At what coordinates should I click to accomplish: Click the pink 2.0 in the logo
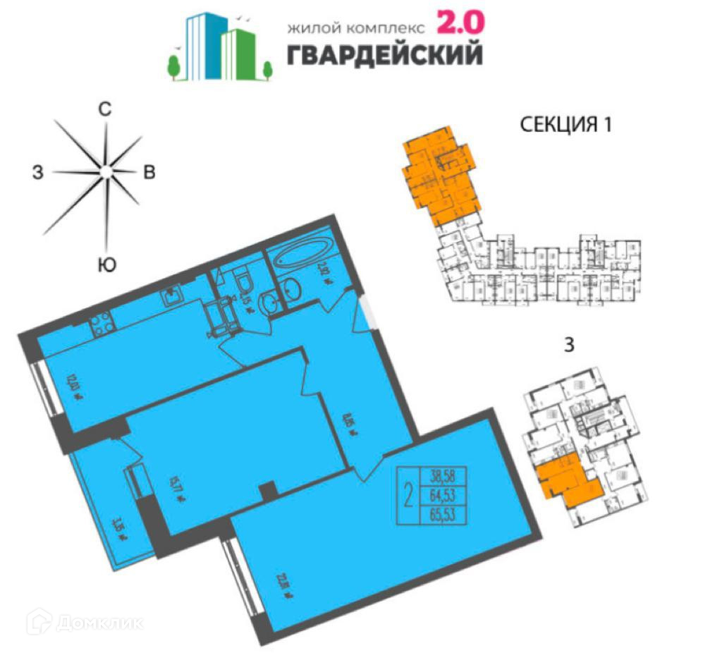coord(461,24)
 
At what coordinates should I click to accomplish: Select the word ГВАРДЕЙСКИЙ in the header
coord(385,54)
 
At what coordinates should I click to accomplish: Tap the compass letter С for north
coord(105,109)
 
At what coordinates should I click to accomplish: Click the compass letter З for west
coord(37,171)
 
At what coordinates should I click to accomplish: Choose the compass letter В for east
coord(149,173)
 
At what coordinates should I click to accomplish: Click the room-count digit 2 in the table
coord(408,496)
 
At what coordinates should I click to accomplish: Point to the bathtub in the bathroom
coord(302,251)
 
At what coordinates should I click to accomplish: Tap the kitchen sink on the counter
coord(172,297)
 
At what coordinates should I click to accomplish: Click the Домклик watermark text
coord(99,623)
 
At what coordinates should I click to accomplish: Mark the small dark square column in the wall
coord(267,491)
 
